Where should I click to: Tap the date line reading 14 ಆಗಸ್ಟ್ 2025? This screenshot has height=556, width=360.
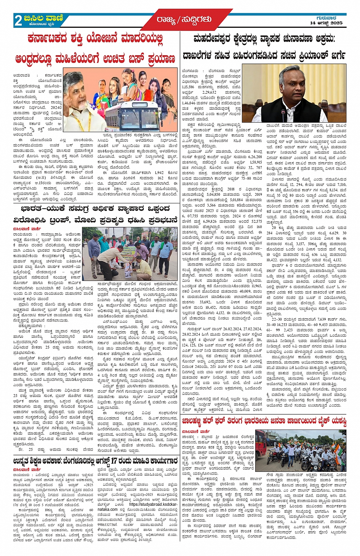326,23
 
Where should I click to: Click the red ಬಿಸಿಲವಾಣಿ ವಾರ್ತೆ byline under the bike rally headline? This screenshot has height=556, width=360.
196,431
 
